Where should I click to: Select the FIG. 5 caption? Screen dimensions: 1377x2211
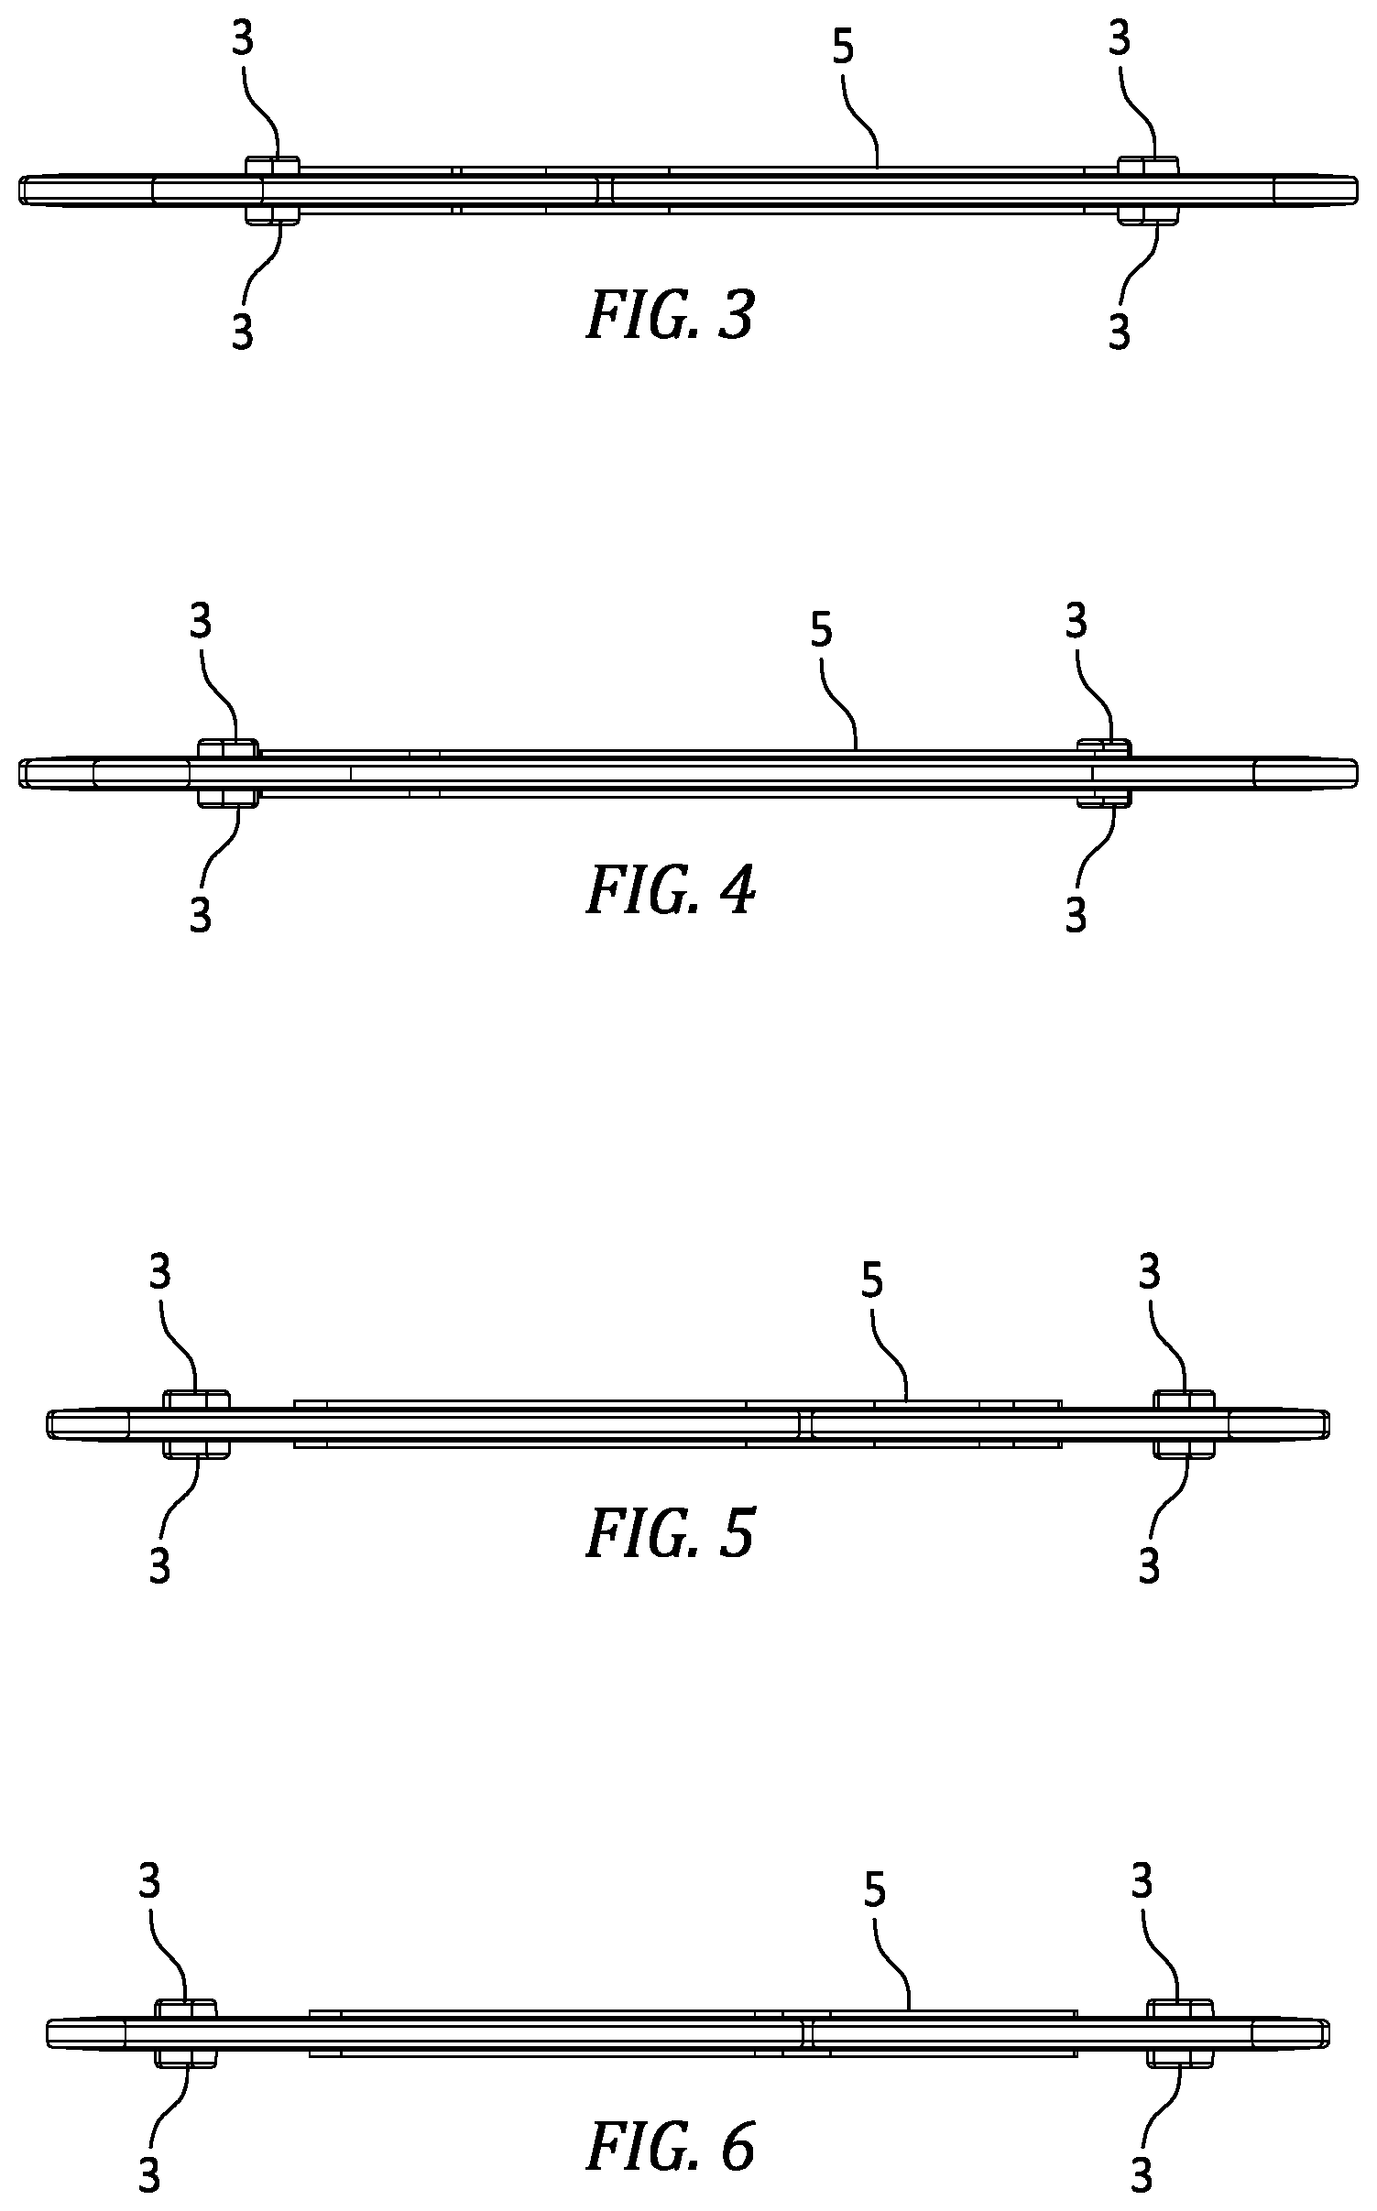[x=670, y=1534]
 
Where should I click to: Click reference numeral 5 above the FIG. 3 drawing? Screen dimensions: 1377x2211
[x=843, y=48]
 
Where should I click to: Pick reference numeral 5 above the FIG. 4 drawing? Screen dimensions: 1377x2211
[x=822, y=630]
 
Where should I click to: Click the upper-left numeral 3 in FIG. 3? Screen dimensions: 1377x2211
[x=243, y=40]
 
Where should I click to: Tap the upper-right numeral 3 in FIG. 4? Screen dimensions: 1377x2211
[x=1076, y=622]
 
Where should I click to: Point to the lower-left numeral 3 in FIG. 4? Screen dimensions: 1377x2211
[x=201, y=914]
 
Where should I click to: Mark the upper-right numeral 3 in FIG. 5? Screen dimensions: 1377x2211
[x=1150, y=1271]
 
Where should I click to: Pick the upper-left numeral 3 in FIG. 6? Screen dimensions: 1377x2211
[x=149, y=1882]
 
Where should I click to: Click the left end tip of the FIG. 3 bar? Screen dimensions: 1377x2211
[x=18, y=190]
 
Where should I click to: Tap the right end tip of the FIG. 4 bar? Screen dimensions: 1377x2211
[x=1358, y=773]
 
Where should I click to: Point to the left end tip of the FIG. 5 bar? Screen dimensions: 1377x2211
[x=47, y=1423]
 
